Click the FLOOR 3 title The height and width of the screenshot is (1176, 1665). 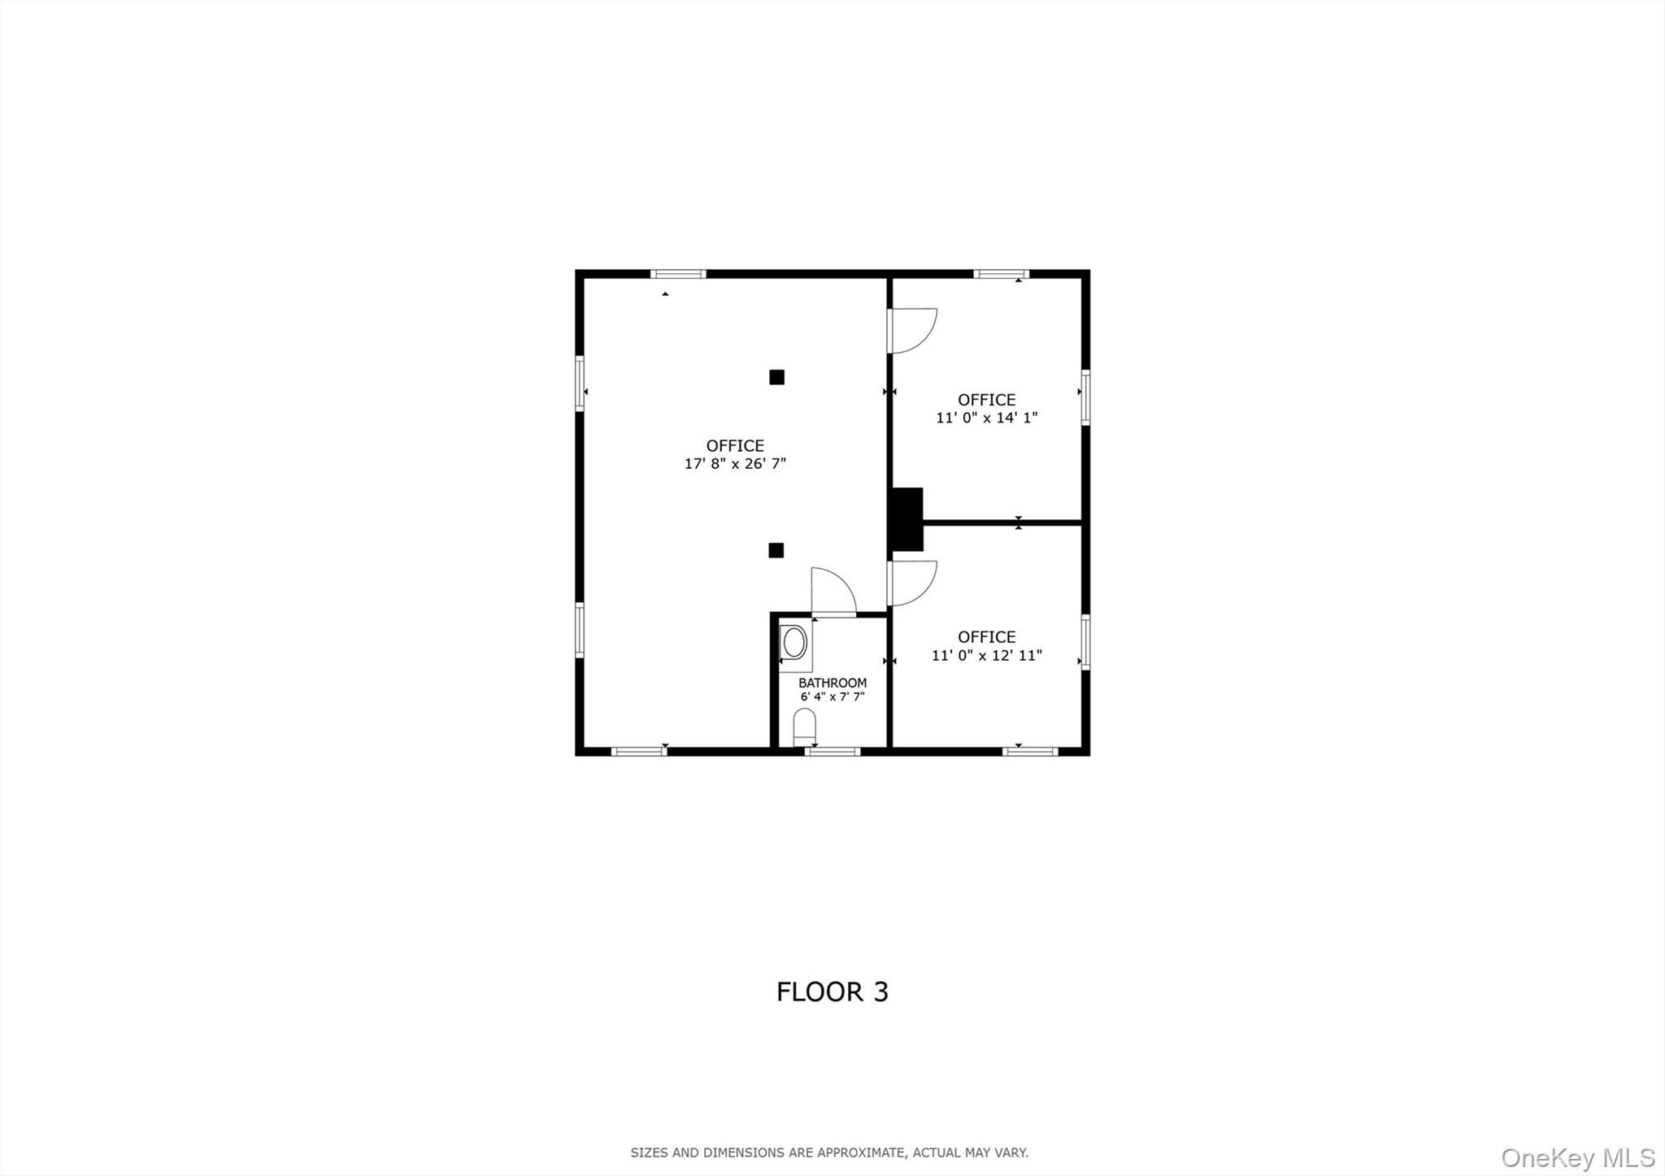[832, 992]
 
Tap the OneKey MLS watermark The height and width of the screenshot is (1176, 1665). [1577, 1157]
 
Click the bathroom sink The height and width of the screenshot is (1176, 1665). [794, 643]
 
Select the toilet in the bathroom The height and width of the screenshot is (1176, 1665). [804, 726]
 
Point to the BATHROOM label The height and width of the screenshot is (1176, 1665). [832, 683]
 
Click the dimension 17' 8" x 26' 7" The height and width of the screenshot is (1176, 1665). [735, 464]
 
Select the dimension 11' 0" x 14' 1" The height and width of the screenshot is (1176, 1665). [986, 418]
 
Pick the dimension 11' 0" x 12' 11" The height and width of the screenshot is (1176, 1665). [986, 655]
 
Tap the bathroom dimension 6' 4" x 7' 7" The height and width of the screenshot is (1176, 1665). [832, 696]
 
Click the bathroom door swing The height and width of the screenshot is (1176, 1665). [832, 592]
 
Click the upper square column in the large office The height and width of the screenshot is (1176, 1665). [776, 377]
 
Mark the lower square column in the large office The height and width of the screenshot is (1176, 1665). [776, 550]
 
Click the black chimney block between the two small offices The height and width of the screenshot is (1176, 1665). [907, 519]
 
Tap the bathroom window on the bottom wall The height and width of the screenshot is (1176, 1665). [832, 752]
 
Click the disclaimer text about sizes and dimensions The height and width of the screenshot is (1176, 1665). [829, 1152]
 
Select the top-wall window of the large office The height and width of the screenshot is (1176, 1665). [678, 274]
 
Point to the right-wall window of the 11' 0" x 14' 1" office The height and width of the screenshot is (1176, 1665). [1085, 397]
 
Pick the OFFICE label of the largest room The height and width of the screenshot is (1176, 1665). [735, 445]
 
